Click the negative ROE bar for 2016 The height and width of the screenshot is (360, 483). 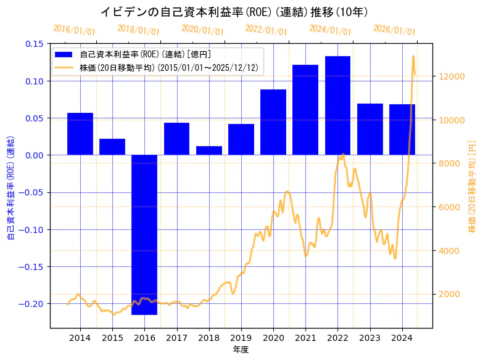(144, 234)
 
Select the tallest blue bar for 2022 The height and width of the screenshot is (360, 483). (337, 105)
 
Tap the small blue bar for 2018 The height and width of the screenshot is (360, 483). (208, 150)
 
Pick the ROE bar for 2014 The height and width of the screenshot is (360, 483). (80, 134)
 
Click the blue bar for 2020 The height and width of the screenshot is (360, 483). (273, 122)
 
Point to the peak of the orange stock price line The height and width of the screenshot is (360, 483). (413, 56)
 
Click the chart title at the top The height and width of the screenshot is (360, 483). (234, 12)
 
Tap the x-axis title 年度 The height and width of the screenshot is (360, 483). (241, 350)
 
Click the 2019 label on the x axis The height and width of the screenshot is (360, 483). (241, 338)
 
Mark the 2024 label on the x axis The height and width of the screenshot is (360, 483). (402, 338)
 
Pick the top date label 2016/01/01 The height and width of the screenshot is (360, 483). (74, 30)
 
